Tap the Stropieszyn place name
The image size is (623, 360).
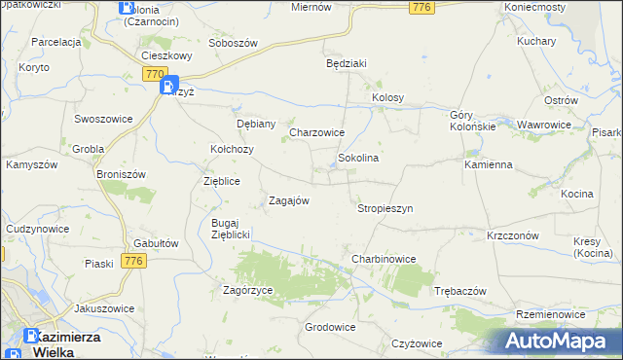(x=385, y=208)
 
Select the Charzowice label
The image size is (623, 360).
(x=317, y=132)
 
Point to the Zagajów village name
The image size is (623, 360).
(x=288, y=200)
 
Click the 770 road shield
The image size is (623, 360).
(x=155, y=74)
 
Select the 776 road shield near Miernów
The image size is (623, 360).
(x=421, y=8)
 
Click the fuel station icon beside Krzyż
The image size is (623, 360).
(x=166, y=88)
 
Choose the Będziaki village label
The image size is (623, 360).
(x=346, y=63)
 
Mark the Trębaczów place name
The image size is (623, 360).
(x=459, y=291)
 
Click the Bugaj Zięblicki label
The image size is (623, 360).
(x=232, y=229)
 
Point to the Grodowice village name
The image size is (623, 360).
(x=329, y=327)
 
